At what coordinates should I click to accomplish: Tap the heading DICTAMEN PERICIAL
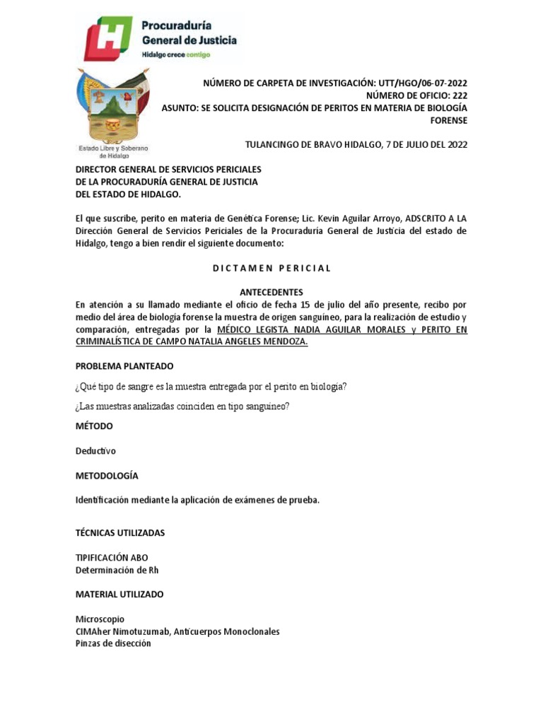pos(271,268)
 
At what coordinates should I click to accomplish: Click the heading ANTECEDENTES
pos(271,292)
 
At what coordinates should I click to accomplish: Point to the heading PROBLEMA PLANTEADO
pos(124,366)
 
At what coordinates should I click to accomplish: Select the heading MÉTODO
pos(94,426)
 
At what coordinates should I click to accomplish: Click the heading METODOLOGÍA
pos(107,476)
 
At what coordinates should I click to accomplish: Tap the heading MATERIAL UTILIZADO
pos(119,595)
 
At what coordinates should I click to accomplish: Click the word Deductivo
pos(95,450)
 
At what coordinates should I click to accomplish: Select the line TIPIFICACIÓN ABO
pos(112,558)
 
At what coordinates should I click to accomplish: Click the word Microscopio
pos(100,619)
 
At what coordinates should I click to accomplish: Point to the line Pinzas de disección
pos(113,643)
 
